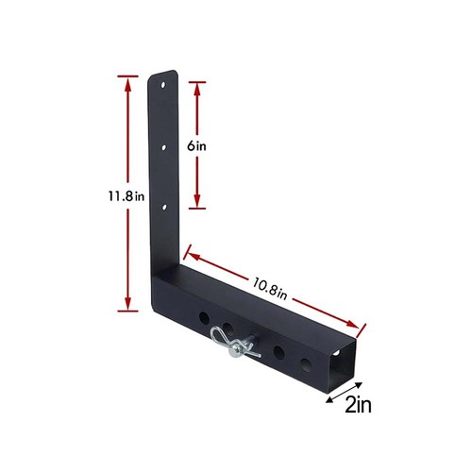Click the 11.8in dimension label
pyautogui.click(x=126, y=196)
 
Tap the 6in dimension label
pyautogui.click(x=196, y=146)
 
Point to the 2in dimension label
pyautogui.click(x=358, y=405)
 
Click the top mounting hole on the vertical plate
pyautogui.click(x=163, y=85)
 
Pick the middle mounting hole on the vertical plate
pyautogui.click(x=163, y=147)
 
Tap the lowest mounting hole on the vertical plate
pyautogui.click(x=164, y=207)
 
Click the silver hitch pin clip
pyautogui.click(x=236, y=344)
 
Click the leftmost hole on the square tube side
pyautogui.click(x=204, y=318)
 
